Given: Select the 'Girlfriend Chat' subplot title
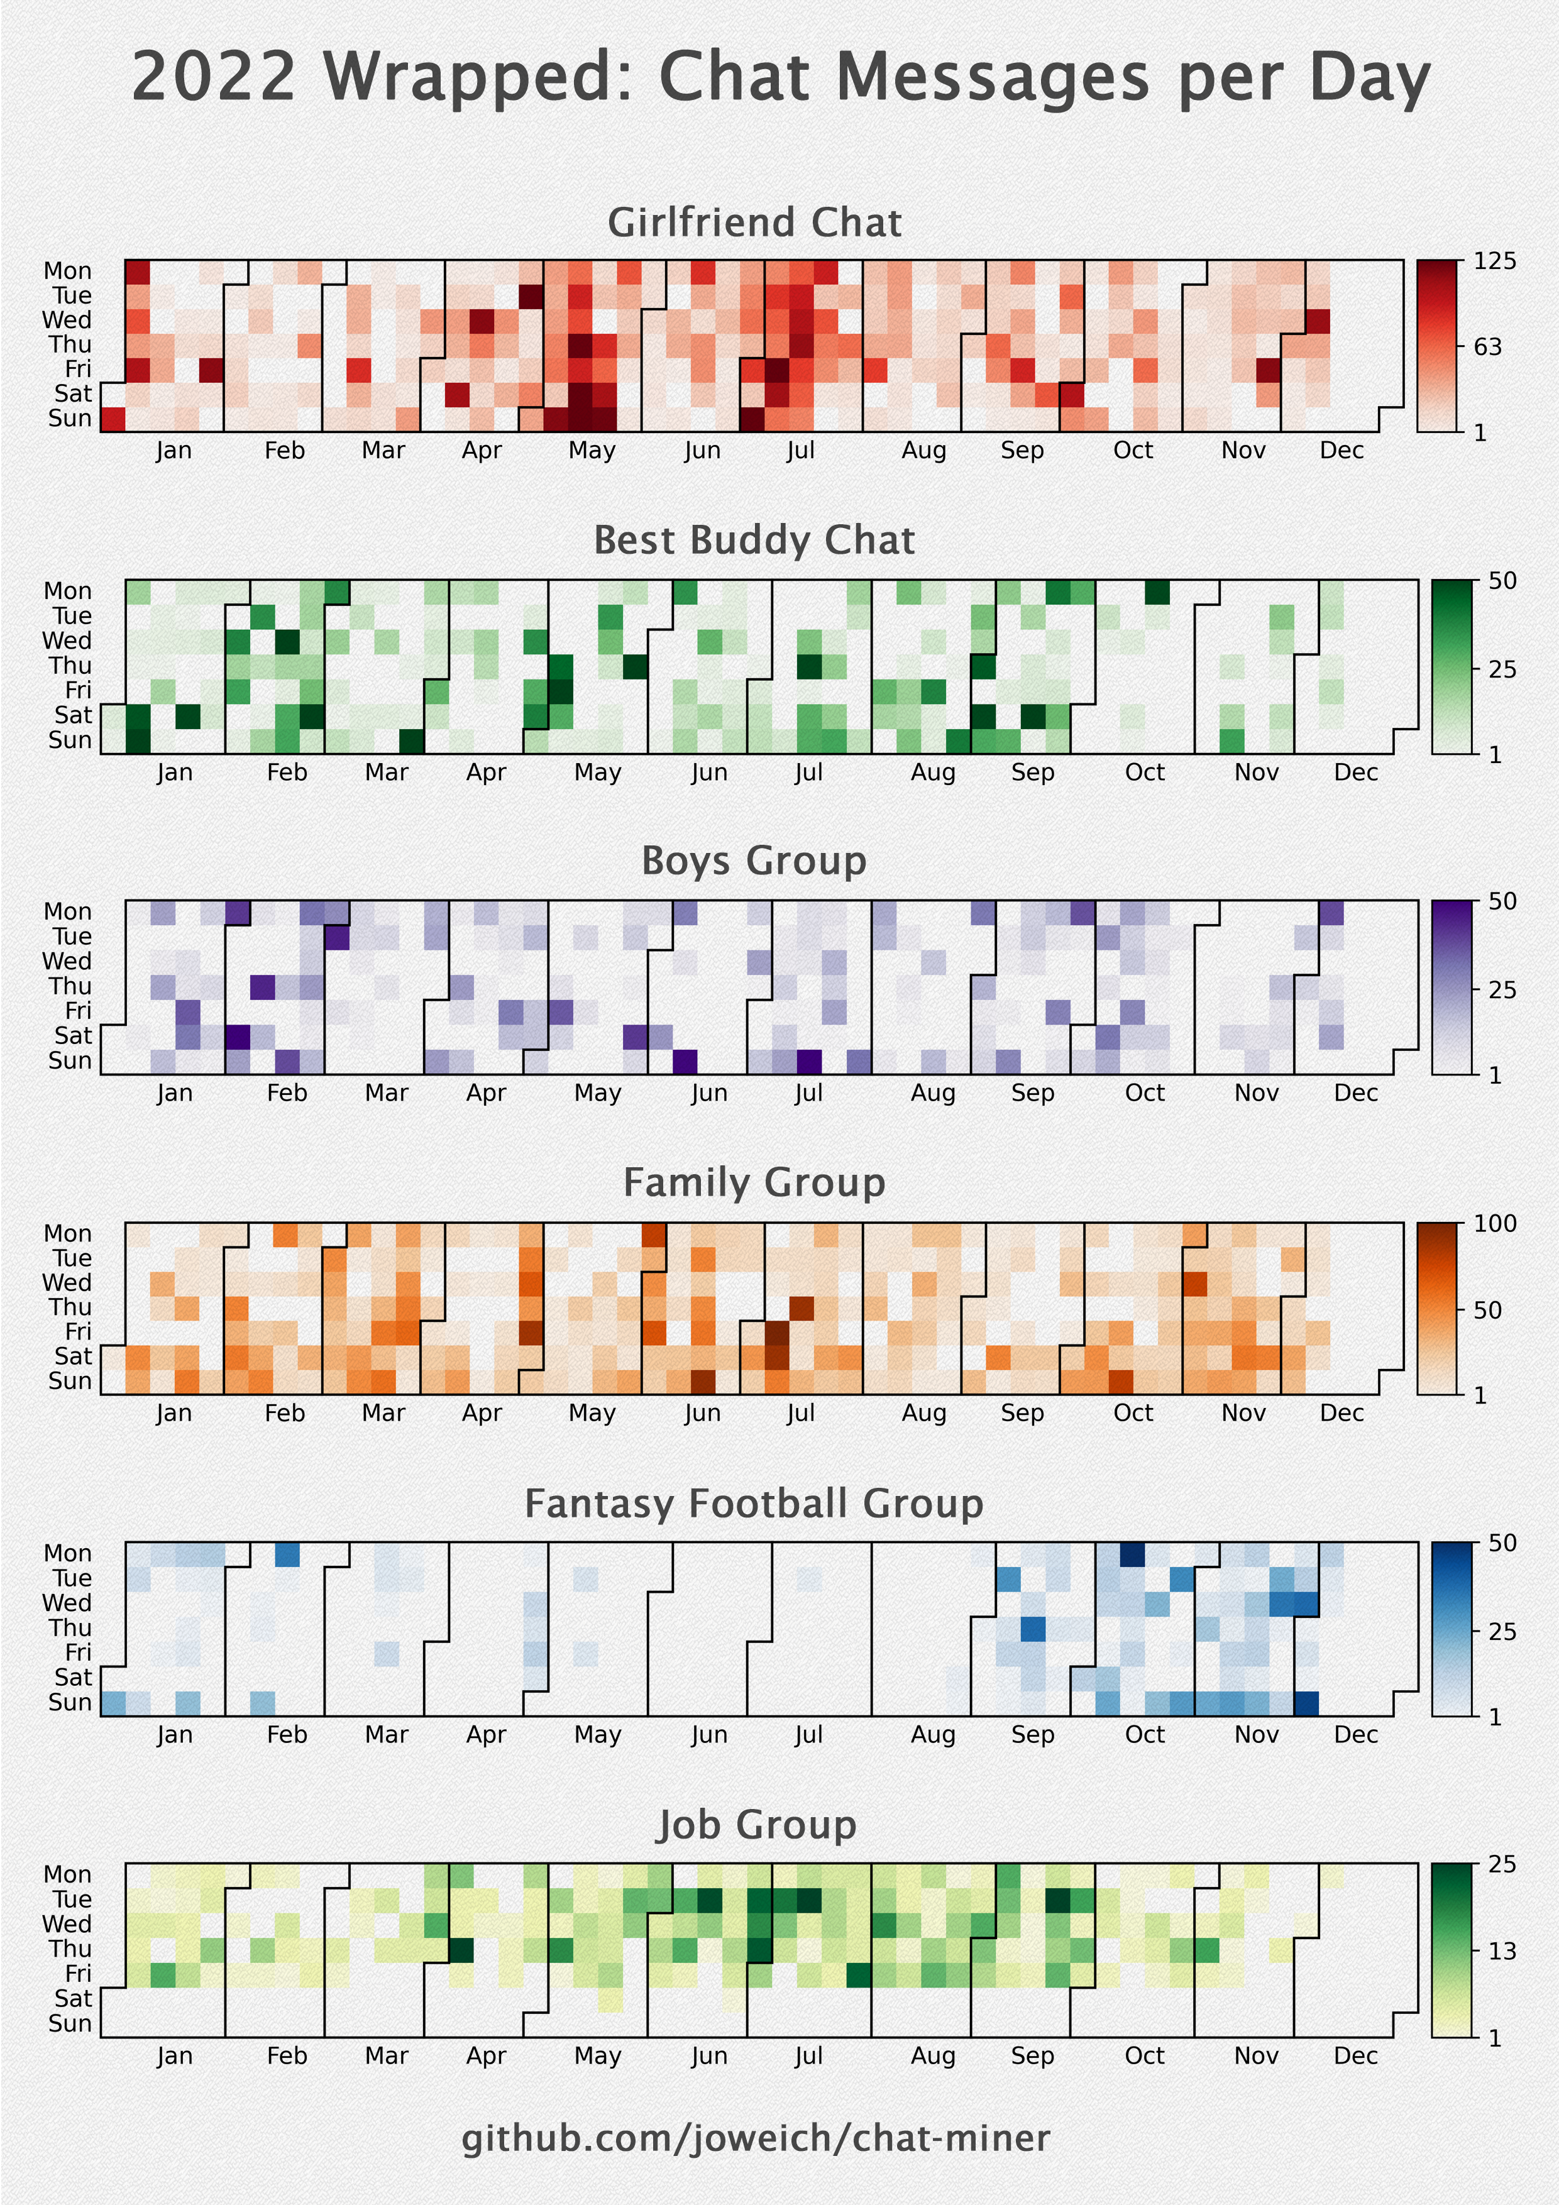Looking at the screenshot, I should coord(754,223).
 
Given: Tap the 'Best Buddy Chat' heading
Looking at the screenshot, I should coord(754,541).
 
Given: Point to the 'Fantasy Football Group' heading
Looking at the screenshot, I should coord(754,1504).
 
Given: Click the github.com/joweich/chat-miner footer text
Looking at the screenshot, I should coord(755,2139).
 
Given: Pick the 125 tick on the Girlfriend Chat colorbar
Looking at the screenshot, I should coord(1496,261).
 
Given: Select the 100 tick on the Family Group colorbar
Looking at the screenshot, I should coord(1496,1224).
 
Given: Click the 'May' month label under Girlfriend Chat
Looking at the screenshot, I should coord(592,451).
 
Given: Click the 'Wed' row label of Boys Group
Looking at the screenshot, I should coord(67,961).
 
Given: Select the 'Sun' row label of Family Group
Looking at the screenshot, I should coord(69,1381).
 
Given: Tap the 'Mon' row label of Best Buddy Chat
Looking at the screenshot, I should coord(67,591).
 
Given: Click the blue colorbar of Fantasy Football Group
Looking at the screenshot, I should coord(1452,1629).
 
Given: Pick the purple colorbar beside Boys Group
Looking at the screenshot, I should coord(1452,987).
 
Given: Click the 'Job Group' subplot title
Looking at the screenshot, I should coord(755,1825).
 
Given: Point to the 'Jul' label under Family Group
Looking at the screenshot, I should coord(800,1413).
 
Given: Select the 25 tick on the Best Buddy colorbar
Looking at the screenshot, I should coord(1501,669).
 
